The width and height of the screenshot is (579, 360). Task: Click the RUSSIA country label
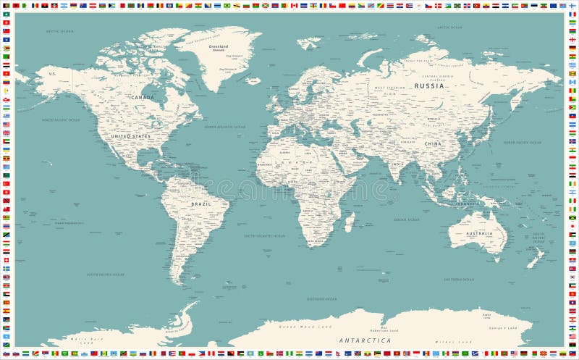pos(429,86)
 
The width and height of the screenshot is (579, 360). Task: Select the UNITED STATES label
pos(131,136)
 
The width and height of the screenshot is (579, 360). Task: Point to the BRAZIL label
pos(201,204)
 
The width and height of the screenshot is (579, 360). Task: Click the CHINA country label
pos(433,144)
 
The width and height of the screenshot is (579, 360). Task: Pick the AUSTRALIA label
pos(479,233)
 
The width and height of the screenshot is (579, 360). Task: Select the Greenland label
pos(218,46)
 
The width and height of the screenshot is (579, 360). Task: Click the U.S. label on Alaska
pos(52,74)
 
